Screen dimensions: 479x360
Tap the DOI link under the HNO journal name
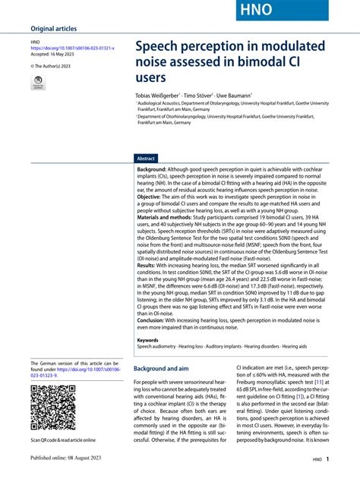pyautogui.click(x=72, y=49)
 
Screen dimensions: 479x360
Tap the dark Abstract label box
pyautogui.click(x=146, y=159)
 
